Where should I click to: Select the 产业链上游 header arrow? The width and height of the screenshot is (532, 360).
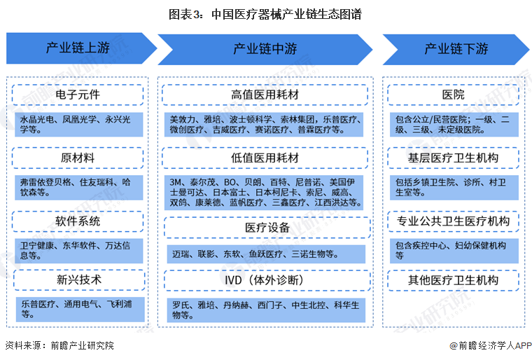[78, 49]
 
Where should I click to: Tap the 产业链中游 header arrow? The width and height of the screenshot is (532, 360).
[265, 49]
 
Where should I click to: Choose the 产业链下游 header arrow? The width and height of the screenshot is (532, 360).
[455, 49]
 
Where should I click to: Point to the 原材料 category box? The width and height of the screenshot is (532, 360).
[78, 158]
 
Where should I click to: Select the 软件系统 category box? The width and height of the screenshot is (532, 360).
[78, 221]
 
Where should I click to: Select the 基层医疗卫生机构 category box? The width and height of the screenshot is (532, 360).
[453, 158]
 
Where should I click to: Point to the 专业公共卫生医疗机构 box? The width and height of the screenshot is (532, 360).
[453, 221]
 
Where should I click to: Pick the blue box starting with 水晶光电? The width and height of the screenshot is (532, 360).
[78, 124]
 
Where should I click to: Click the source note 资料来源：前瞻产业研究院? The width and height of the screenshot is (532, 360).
[59, 345]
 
